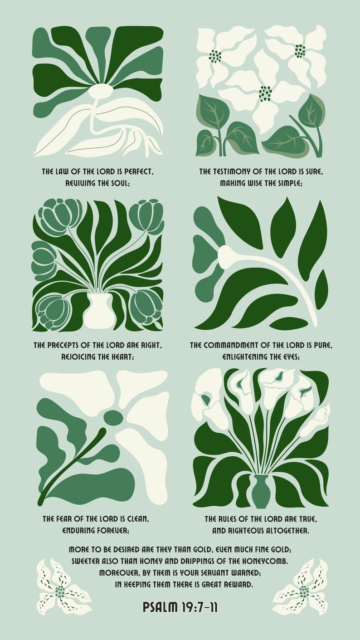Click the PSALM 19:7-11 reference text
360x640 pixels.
pos(180,607)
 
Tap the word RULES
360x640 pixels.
pos(232,518)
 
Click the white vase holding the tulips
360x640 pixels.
pos(99,311)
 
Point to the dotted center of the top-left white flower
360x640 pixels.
pos(214,57)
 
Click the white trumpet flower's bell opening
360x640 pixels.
pos(223,256)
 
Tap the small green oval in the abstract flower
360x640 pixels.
pos(113,417)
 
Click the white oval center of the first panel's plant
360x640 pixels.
pos(100,91)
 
